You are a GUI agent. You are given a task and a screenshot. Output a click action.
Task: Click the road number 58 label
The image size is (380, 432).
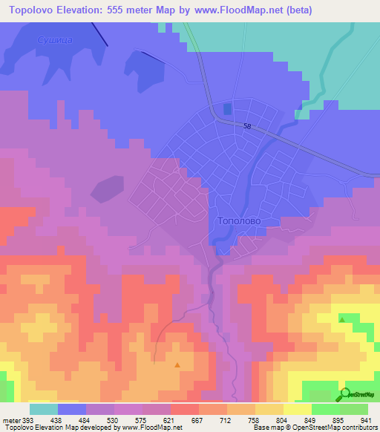[248, 127]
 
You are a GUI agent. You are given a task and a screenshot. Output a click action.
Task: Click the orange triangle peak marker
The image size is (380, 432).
[177, 364]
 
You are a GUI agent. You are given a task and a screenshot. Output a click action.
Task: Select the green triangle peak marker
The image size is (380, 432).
[341, 319]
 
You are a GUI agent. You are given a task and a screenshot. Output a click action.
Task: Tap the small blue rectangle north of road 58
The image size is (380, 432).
[226, 109]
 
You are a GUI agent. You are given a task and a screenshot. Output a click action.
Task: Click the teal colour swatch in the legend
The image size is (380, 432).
[44, 408]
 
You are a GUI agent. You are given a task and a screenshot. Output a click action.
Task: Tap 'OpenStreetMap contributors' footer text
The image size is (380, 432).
[338, 428]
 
